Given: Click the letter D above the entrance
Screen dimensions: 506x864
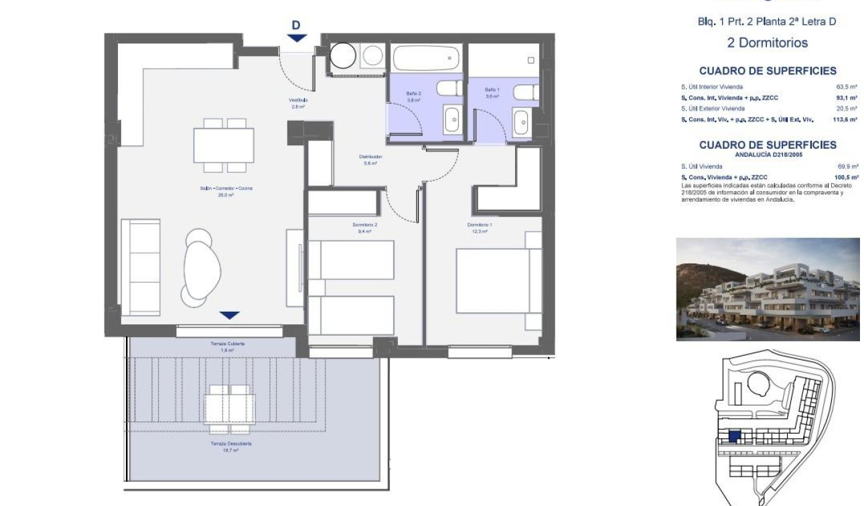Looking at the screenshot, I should click(296, 25).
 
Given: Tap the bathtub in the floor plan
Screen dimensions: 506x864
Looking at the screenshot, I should click(427, 58).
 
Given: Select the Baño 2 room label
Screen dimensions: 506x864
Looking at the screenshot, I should click(413, 97).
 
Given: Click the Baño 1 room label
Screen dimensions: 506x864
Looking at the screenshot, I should click(492, 93).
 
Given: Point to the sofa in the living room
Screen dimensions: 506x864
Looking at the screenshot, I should click(141, 266).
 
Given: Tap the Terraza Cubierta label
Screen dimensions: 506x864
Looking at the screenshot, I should click(227, 346).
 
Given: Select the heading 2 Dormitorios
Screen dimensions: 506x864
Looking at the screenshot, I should click(767, 43).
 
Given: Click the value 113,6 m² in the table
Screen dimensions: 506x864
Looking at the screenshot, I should click(847, 119).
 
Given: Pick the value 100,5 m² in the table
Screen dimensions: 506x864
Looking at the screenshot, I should click(847, 177).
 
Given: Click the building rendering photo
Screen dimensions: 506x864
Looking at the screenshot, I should click(768, 289).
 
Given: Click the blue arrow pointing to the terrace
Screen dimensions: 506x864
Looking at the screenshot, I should click(230, 315).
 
